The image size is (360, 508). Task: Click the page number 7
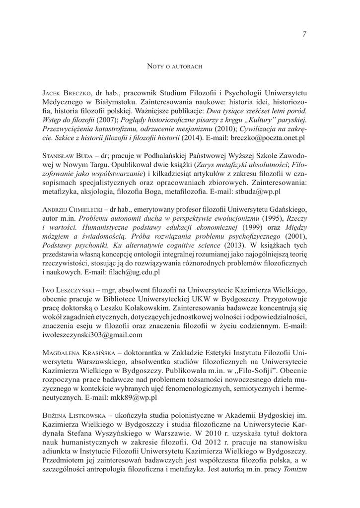point(303,34)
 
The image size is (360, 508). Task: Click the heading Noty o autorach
point(175,66)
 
